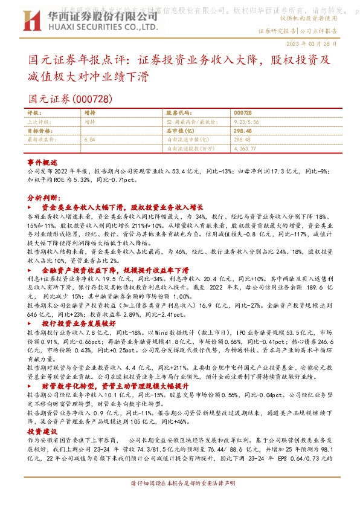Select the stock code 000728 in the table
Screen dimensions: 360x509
225,112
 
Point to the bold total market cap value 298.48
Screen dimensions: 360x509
225,130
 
